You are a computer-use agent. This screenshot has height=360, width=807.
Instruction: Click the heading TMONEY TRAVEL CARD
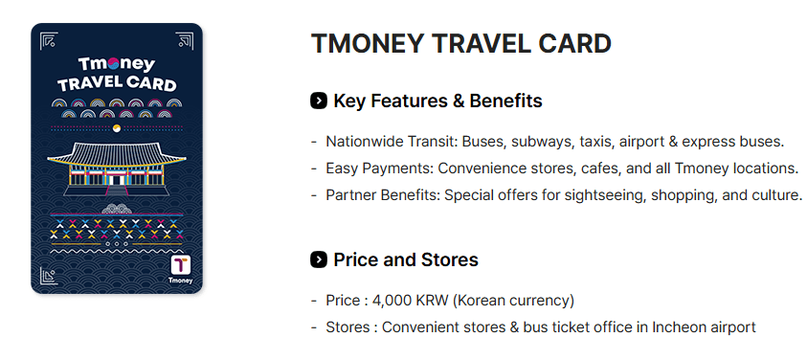point(461,44)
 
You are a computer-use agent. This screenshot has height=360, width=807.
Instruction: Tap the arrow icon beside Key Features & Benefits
point(320,101)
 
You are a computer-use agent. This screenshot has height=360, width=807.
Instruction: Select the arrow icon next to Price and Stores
point(320,259)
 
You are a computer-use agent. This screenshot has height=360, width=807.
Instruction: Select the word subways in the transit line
point(546,142)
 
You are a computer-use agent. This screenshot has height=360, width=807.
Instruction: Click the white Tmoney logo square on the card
point(182,265)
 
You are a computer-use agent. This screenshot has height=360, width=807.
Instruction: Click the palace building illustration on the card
point(117,168)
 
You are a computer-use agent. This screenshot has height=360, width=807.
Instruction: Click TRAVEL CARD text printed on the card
point(117,84)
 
